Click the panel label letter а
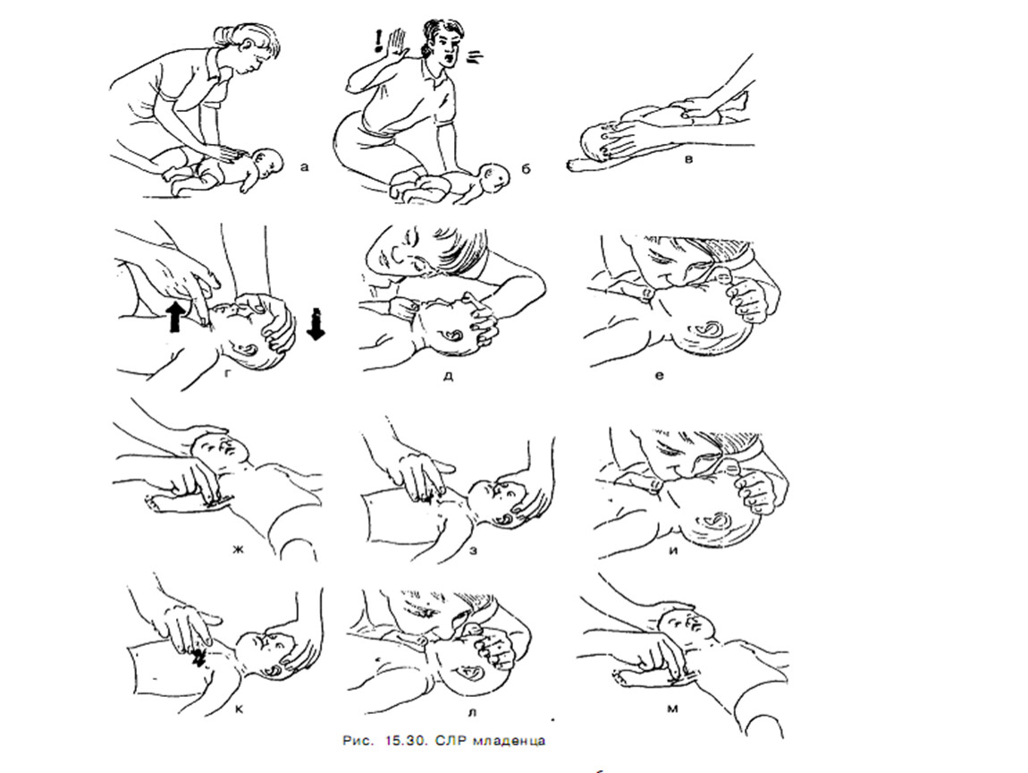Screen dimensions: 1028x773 (304, 167)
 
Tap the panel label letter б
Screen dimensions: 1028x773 (526, 169)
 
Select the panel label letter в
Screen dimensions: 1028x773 (687, 159)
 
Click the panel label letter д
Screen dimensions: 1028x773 (449, 377)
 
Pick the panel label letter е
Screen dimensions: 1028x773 (659, 376)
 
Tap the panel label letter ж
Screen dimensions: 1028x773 (237, 549)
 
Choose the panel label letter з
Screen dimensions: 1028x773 (473, 550)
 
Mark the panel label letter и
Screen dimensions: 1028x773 (672, 550)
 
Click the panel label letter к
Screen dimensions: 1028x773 (239, 708)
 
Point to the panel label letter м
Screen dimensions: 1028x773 (672, 709)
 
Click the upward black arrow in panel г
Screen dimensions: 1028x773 (175, 317)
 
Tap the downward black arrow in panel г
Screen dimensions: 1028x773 (316, 324)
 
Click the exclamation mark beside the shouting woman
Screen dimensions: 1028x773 (377, 40)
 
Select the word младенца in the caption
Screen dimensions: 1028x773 (514, 740)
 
